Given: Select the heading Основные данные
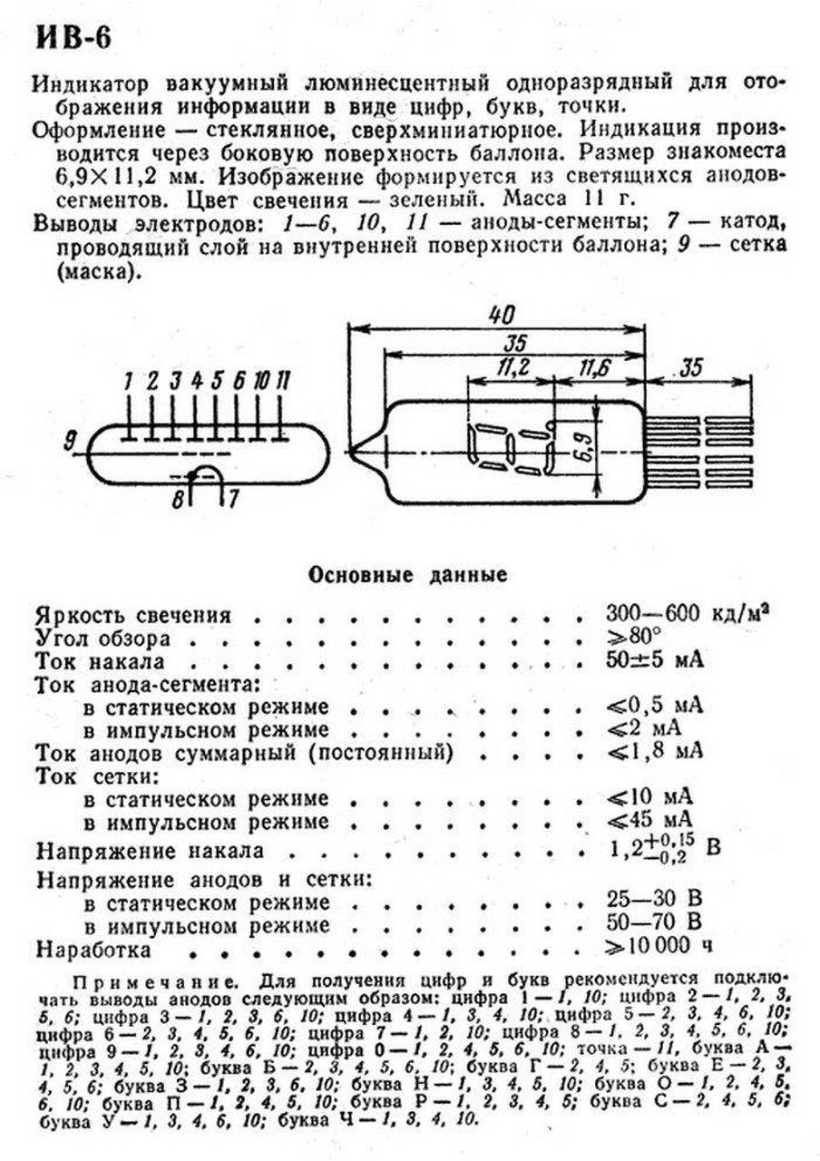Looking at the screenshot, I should (x=408, y=575).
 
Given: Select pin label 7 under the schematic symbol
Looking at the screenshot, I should (x=233, y=498).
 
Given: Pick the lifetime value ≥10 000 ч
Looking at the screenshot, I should (x=659, y=947).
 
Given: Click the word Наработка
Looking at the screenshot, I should (x=93, y=949).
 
